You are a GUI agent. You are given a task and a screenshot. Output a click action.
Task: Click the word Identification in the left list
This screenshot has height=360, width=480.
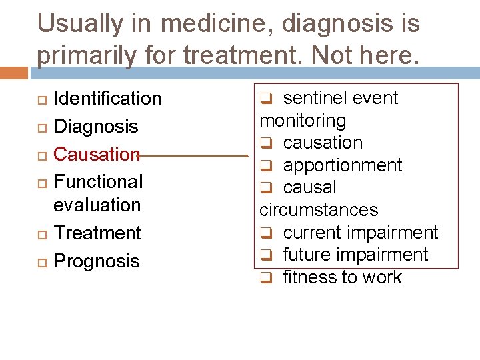pyautogui.click(x=107, y=99)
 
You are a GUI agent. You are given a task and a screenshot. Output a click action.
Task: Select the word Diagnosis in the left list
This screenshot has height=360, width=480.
pyautogui.click(x=96, y=127)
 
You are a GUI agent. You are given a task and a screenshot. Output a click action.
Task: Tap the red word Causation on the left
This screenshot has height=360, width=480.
pyautogui.click(x=97, y=154)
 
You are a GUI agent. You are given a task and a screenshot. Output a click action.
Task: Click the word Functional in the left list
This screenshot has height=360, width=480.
pyautogui.click(x=98, y=181)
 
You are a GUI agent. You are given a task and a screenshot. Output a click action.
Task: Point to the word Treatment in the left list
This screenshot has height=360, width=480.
pyautogui.click(x=97, y=233)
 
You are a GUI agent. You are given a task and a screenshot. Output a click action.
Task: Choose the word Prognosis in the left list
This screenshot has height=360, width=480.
pyautogui.click(x=97, y=261)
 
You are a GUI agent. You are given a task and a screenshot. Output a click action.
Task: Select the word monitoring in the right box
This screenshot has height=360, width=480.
pyautogui.click(x=303, y=121)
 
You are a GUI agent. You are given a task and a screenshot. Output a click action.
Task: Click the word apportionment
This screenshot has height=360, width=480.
pyautogui.click(x=343, y=165)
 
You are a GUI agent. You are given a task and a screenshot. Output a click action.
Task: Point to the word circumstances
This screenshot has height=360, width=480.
pyautogui.click(x=319, y=210)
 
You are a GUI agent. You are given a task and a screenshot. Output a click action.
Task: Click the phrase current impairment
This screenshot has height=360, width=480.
pyautogui.click(x=361, y=233)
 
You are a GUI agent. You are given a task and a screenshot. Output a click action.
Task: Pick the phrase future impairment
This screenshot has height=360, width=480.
pyautogui.click(x=355, y=255)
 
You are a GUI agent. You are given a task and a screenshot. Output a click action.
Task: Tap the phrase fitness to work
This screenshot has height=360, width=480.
pyautogui.click(x=343, y=277)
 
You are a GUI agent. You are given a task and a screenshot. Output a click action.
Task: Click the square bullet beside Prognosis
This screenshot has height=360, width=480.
pyautogui.click(x=41, y=262)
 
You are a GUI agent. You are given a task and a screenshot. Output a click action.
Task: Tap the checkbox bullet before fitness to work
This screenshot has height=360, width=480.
pyautogui.click(x=265, y=278)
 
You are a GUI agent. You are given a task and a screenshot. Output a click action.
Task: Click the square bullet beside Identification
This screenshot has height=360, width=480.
pyautogui.click(x=41, y=99)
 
